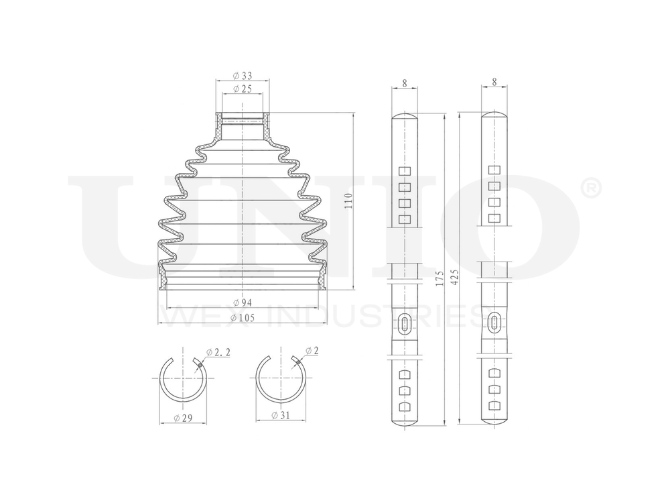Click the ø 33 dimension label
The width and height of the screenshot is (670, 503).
(242, 75)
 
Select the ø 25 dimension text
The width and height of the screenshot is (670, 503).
(242, 89)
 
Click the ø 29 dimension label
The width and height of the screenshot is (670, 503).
(184, 418)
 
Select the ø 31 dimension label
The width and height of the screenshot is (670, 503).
(280, 416)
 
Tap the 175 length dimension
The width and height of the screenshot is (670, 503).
(439, 278)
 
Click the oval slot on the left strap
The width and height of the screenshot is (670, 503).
(405, 323)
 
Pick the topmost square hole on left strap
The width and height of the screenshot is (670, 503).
(404, 171)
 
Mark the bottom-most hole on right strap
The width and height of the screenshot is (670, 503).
(494, 406)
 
